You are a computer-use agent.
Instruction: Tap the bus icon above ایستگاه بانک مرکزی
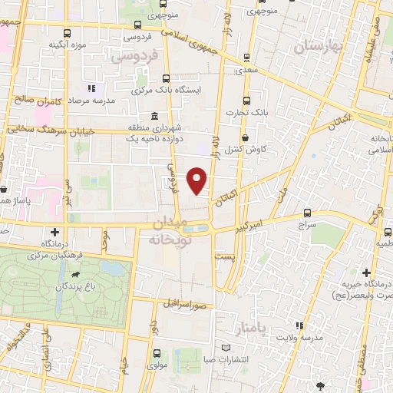pos(167,78)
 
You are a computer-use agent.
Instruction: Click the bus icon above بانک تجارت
pos(246,101)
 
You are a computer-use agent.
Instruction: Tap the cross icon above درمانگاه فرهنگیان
pos(54,233)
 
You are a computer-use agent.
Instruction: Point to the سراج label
pos(307,224)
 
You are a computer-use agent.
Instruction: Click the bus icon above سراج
pos(307,212)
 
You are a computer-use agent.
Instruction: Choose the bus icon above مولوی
pos(157,353)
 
